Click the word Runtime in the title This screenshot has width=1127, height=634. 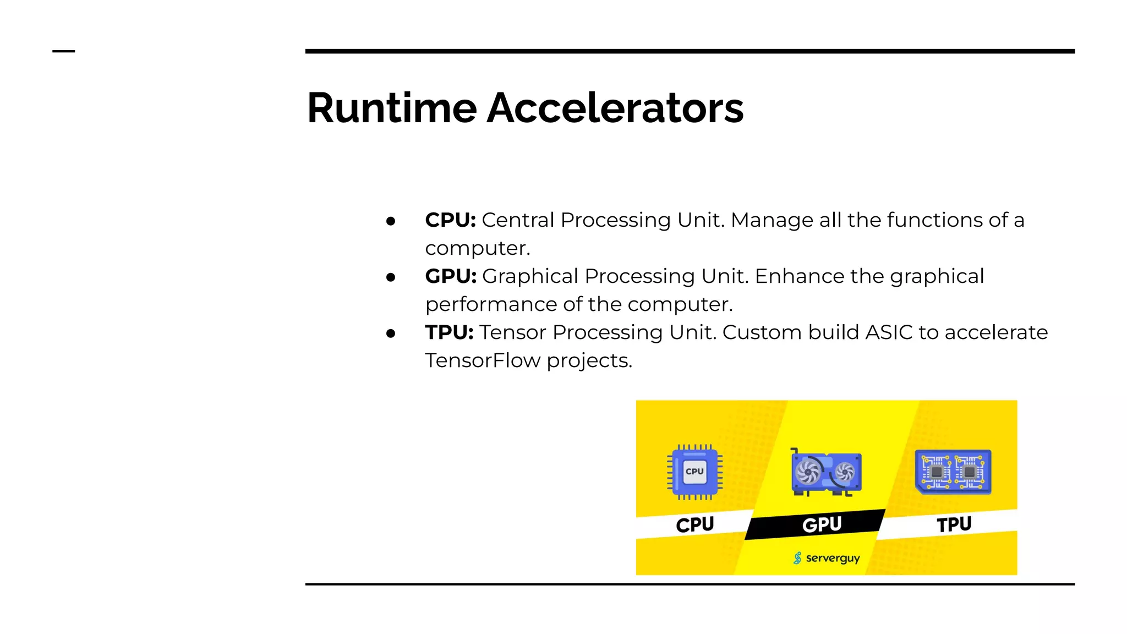(391, 108)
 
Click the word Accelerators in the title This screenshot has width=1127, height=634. (615, 108)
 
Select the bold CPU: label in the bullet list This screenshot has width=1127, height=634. (450, 220)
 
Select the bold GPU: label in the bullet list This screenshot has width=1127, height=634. (451, 276)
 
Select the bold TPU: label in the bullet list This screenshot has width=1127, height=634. (449, 332)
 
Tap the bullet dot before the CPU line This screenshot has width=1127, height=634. (391, 221)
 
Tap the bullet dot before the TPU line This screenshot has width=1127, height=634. (391, 334)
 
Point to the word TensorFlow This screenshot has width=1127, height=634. (483, 360)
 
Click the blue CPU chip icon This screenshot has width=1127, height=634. (694, 472)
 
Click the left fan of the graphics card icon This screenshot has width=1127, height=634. (807, 471)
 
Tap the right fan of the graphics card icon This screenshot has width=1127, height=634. (844, 472)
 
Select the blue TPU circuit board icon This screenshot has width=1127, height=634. (953, 472)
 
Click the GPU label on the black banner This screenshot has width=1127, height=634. (822, 524)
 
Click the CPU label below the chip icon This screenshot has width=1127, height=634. (694, 524)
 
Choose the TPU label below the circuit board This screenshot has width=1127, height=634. (954, 524)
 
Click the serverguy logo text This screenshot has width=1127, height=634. (832, 558)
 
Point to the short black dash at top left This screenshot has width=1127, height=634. (63, 51)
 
